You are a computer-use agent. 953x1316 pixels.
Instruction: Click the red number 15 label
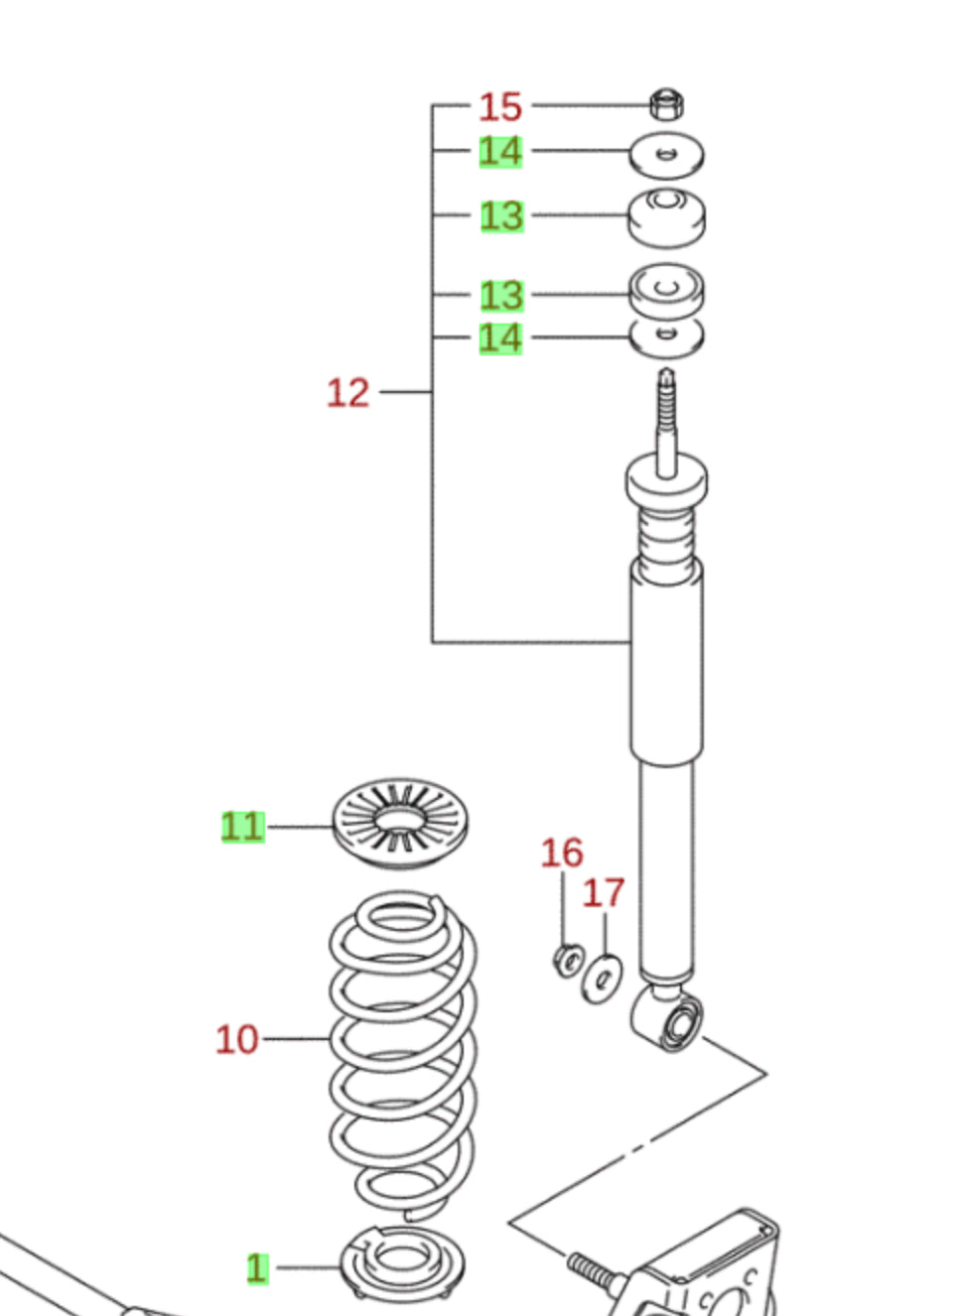click(500, 107)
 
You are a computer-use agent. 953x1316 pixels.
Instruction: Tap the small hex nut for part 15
click(667, 103)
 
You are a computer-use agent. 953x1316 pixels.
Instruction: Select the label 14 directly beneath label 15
click(500, 152)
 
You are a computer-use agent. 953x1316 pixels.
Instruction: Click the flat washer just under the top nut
click(667, 155)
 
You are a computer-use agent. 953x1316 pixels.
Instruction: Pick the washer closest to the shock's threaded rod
click(667, 337)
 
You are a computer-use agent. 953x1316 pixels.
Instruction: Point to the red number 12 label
click(347, 393)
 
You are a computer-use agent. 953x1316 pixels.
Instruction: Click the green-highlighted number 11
click(242, 827)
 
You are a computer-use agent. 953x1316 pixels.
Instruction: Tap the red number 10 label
click(237, 1040)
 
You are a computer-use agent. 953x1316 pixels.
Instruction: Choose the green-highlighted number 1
click(257, 1267)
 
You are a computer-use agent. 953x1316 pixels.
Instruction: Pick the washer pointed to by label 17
click(602, 979)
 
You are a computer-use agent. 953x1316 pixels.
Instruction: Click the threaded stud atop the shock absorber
click(666, 417)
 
